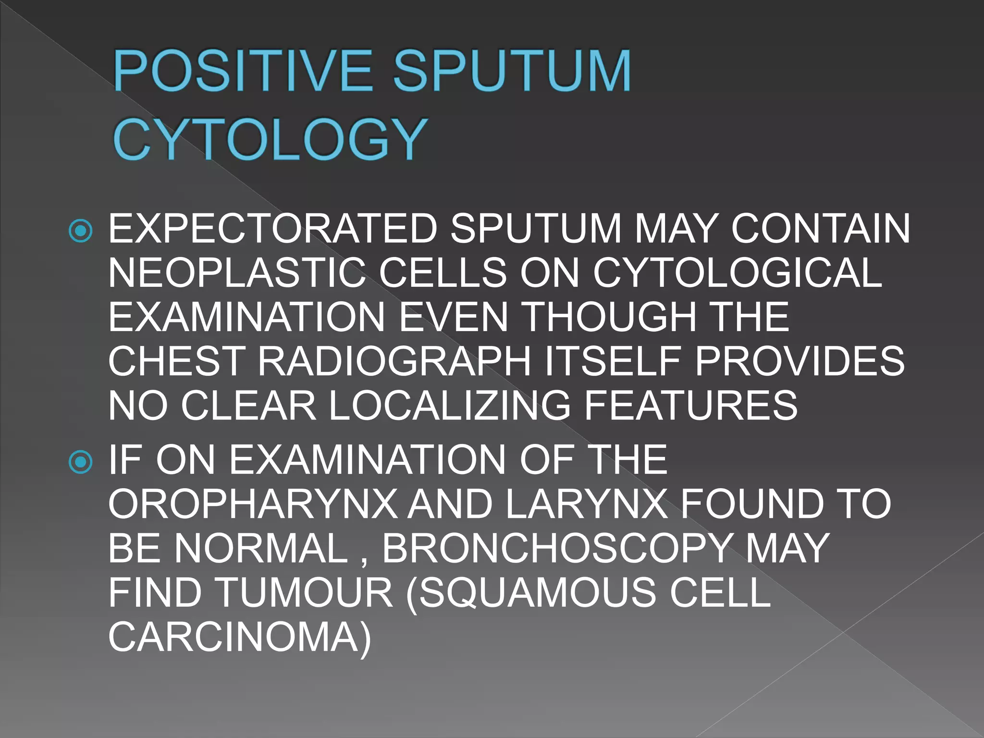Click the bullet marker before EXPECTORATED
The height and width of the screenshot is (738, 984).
81,232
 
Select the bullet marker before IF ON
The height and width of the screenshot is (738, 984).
81,462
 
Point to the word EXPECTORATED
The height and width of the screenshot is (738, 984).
273,229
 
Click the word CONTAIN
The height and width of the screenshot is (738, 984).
820,229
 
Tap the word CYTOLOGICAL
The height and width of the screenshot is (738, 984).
738,273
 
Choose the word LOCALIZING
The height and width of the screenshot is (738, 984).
450,406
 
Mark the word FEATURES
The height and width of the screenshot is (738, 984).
691,406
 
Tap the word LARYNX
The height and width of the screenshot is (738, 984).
587,504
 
